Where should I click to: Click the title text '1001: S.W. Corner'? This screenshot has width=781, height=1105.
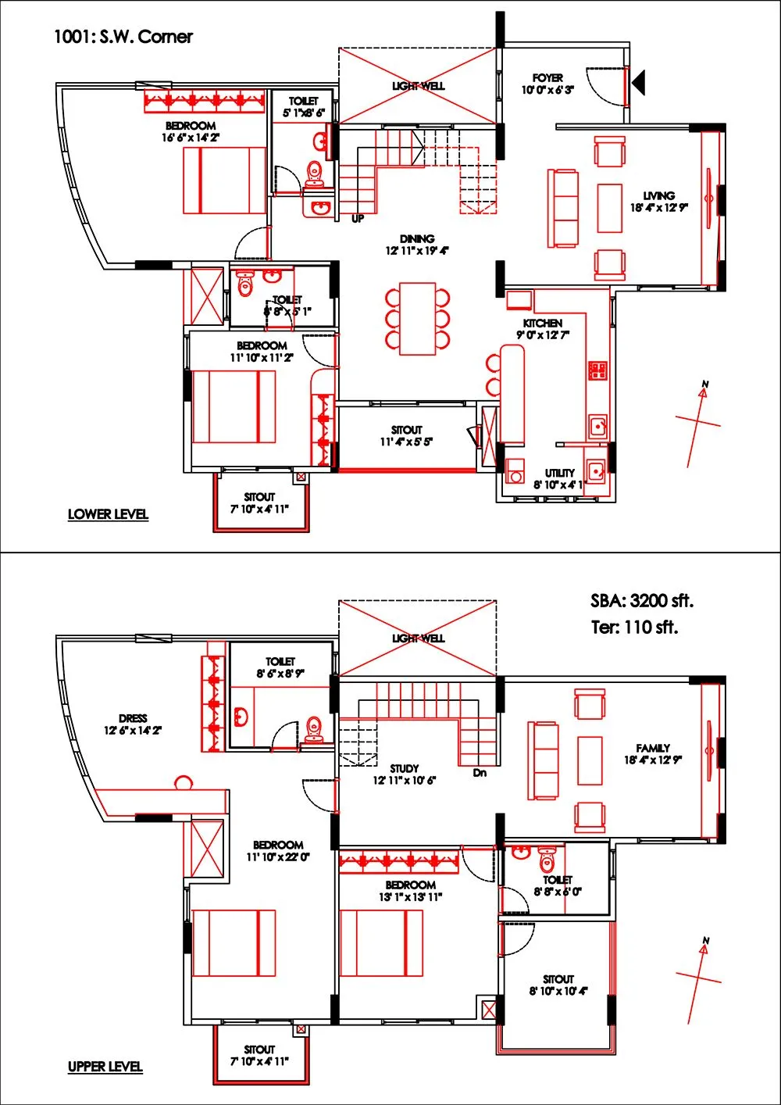[x=123, y=37]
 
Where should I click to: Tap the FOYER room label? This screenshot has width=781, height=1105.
[x=547, y=78]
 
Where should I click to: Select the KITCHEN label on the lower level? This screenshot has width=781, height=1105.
[x=543, y=323]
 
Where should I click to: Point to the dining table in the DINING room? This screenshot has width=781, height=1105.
[x=417, y=319]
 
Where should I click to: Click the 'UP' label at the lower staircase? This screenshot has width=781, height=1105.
[x=357, y=219]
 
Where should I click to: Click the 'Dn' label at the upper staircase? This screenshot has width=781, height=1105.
[x=480, y=773]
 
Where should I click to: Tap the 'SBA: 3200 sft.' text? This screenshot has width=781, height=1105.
[x=641, y=601]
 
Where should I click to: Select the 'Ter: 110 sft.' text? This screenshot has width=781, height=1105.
[x=634, y=627]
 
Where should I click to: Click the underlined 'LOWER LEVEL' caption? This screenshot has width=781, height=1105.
[x=108, y=514]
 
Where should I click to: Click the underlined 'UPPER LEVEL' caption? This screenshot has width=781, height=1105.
[x=105, y=1067]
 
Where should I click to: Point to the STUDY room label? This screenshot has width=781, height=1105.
[x=405, y=769]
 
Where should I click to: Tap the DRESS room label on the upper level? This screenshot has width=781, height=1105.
[x=133, y=718]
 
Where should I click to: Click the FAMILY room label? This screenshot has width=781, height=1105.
[x=653, y=748]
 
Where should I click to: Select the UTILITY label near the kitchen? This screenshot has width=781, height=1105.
[x=560, y=473]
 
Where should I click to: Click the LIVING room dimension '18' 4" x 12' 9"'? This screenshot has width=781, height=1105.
[x=658, y=208]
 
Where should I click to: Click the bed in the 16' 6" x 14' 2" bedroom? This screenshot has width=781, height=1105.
[x=225, y=180]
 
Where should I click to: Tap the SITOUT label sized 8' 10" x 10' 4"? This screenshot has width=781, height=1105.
[x=558, y=979]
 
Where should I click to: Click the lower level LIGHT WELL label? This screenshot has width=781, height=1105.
[x=419, y=86]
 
